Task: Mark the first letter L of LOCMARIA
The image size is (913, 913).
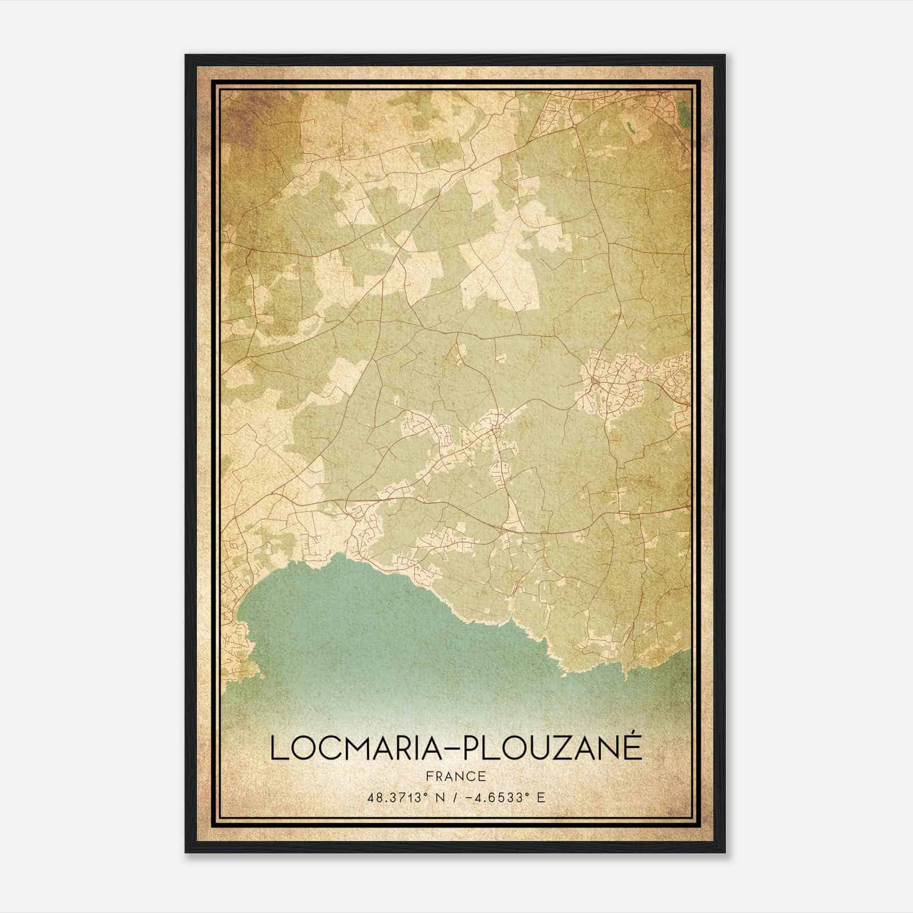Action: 278,748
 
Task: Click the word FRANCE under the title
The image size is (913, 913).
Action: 456,776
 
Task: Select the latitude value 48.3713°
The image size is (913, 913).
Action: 398,797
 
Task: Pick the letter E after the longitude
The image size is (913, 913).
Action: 541,797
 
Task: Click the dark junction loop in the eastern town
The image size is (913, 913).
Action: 594,379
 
